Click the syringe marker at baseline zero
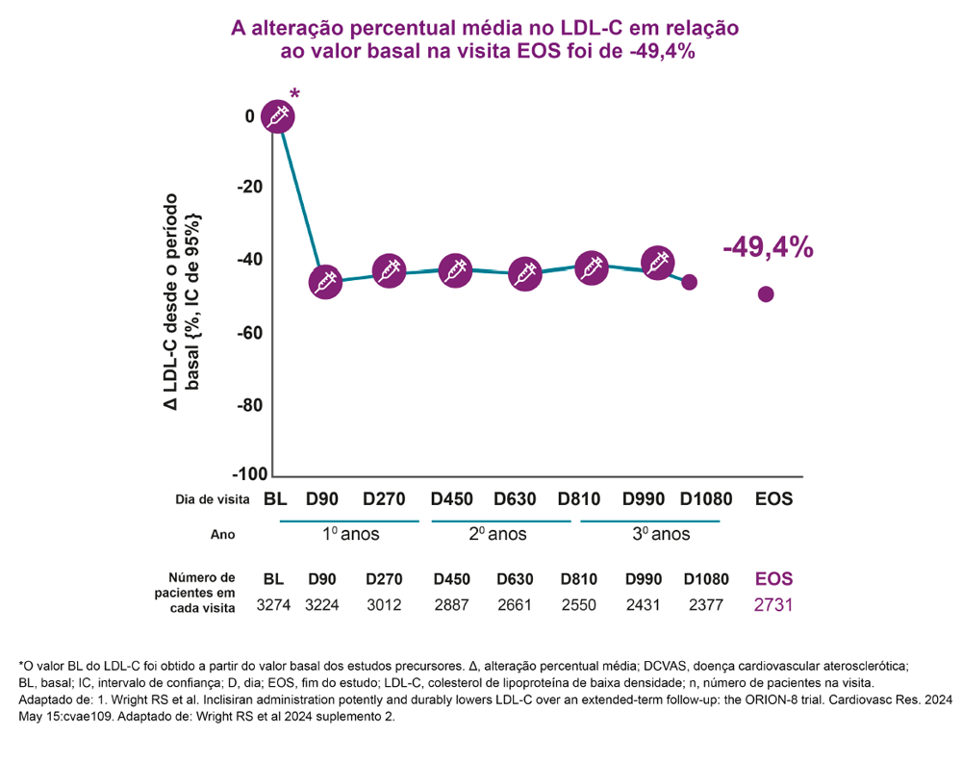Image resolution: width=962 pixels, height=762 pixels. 277,116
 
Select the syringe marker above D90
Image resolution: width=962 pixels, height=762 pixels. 325,282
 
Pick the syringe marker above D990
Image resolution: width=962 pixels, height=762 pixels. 657,262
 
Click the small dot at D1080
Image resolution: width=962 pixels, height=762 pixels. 690,282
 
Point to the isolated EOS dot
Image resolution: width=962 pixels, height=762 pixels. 766,294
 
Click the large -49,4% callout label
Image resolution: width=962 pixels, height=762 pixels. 768,247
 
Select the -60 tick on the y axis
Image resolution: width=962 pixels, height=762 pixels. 250,333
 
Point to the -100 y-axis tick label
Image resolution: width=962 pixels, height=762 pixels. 250,474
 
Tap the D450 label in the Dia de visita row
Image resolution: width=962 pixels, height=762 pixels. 451,500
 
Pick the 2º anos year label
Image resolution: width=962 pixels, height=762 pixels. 498,534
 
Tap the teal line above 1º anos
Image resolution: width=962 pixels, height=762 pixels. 349,521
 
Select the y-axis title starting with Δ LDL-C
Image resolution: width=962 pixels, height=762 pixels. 180,307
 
